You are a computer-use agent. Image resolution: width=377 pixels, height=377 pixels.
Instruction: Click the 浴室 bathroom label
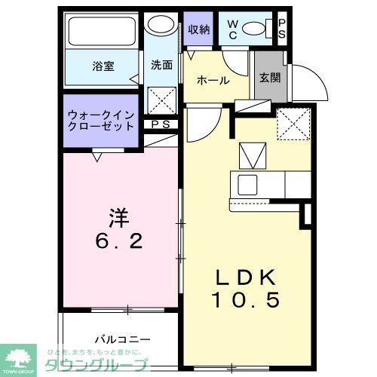pos(103,66)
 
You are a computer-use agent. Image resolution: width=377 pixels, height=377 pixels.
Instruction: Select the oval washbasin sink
pos(159,25)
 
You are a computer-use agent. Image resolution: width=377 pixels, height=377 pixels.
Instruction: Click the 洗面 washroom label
pos(161,65)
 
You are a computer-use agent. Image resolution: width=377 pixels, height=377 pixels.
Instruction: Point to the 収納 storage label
pos(199,29)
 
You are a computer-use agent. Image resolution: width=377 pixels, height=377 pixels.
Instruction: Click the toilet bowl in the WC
pos(257,29)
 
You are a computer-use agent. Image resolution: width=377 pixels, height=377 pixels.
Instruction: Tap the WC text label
pos(232,29)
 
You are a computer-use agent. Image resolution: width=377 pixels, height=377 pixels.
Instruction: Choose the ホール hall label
pos(213,80)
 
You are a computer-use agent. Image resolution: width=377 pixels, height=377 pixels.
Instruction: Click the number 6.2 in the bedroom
pos(120,242)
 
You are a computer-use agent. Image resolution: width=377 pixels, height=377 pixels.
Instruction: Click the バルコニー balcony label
pos(123,339)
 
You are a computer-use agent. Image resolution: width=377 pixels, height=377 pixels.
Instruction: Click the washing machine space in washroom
pos(161,100)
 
